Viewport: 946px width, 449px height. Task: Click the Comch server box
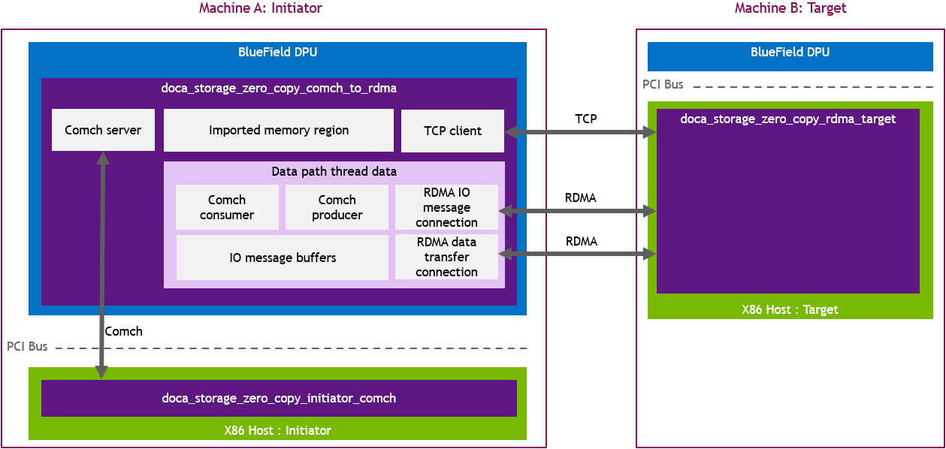point(103,130)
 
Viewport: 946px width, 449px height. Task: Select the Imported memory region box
point(278,130)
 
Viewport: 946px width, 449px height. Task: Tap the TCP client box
point(452,131)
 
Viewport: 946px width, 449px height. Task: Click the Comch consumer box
point(226,207)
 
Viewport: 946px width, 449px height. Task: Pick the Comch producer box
point(337,207)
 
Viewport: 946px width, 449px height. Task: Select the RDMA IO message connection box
point(446,207)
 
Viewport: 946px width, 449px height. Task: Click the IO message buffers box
point(283,258)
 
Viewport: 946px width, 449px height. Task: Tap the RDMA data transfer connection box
point(446,257)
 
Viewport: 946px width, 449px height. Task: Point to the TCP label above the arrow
point(586,119)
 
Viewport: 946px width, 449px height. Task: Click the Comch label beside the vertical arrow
point(123,331)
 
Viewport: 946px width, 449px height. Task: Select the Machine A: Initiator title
point(260,8)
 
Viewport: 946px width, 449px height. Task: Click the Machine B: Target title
point(790,8)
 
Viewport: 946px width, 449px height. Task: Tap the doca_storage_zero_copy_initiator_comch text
point(279,398)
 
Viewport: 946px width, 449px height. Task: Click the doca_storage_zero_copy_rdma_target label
point(787,119)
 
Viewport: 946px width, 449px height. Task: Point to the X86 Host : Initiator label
point(277,430)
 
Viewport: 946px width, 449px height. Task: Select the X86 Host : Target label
point(789,309)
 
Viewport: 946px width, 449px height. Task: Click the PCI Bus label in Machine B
point(663,84)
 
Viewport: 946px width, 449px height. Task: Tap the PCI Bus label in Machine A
point(27,346)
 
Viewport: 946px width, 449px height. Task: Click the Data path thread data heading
point(334,171)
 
